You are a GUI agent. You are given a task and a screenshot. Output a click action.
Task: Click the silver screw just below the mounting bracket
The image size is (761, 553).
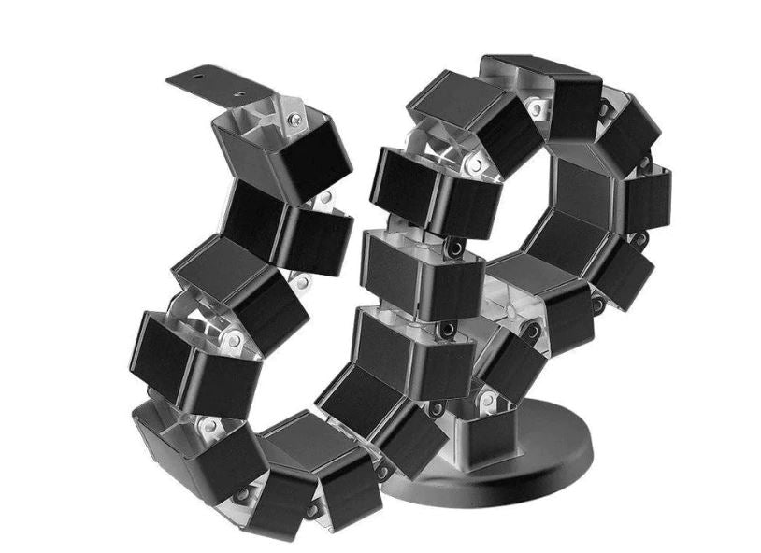pos(295,120)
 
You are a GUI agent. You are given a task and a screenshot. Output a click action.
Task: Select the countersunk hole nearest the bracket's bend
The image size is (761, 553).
pos(240,93)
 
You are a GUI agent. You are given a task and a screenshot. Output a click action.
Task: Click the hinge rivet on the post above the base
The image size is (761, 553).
pos(487,401)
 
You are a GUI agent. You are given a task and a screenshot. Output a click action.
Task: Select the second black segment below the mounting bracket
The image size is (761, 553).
pos(280,224)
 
